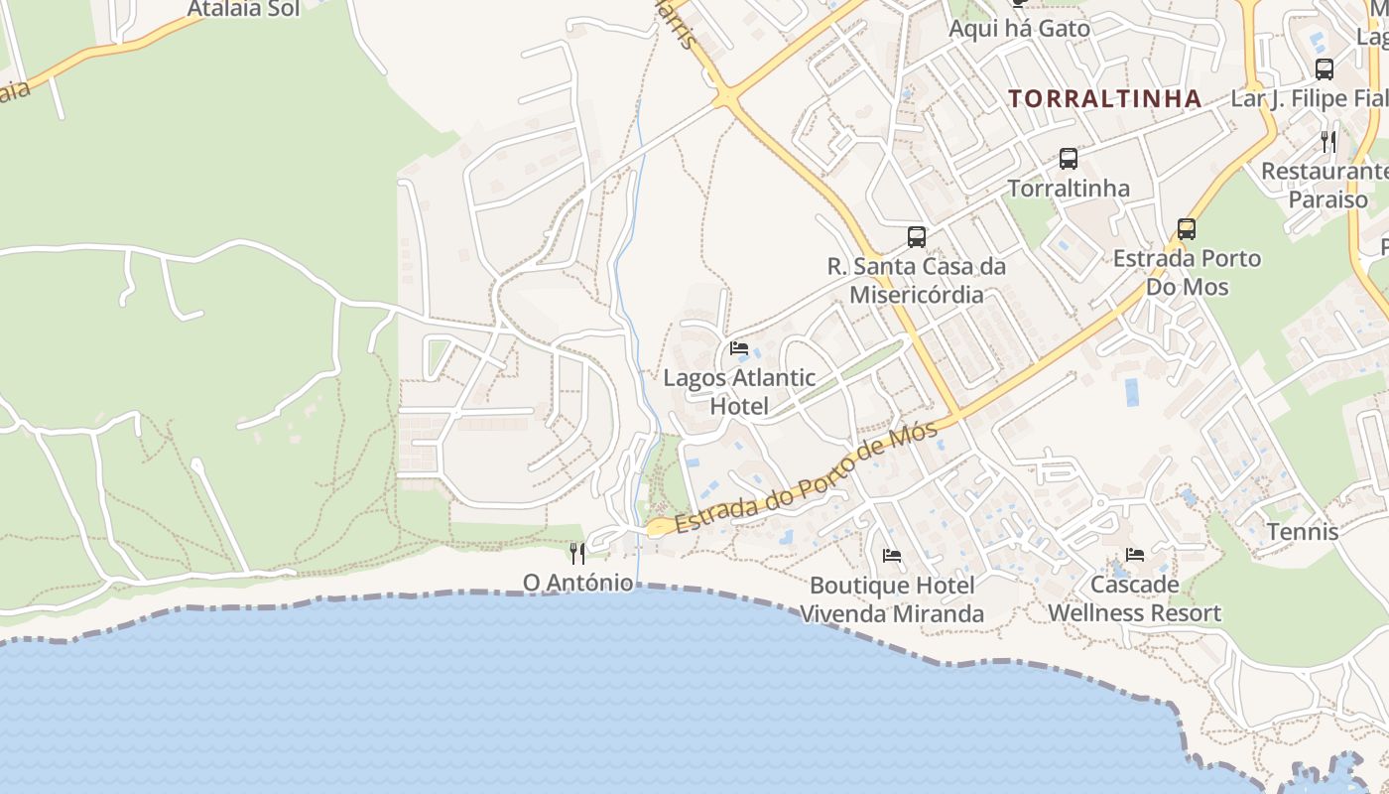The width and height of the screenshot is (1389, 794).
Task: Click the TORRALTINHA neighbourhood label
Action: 1104,98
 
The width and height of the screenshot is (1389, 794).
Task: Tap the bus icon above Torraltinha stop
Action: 1068,159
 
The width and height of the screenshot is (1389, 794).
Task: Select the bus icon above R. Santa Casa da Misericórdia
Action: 917,237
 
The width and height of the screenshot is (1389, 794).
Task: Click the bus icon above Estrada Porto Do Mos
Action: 1186,229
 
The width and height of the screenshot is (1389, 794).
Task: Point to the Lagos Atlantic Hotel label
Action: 739,392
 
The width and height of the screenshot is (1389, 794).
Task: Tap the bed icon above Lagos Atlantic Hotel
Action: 739,348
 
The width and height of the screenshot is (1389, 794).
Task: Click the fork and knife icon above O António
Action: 577,553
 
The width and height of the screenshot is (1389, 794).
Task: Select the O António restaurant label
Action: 577,583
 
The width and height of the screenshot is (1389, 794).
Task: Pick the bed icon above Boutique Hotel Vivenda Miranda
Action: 892,556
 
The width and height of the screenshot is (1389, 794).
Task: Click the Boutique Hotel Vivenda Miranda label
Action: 892,599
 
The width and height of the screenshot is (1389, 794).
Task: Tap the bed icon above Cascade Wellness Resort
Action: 1135,555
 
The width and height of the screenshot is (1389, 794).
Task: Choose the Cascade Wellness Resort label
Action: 1135,598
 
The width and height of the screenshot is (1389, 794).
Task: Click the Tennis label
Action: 1302,532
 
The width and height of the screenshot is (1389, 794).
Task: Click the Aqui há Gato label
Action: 1019,29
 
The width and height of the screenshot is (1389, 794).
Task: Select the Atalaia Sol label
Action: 243,10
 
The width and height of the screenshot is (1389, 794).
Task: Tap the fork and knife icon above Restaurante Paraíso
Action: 1328,142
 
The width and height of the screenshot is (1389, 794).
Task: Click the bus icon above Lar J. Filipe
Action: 1324,69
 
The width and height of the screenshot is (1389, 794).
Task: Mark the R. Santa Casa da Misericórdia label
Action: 917,280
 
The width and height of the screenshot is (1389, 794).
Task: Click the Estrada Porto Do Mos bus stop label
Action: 1187,273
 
